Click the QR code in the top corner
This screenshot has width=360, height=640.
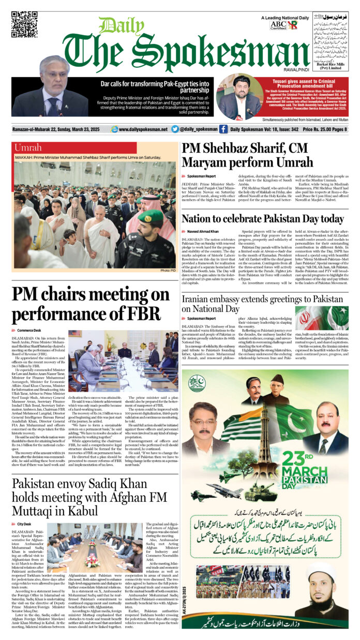(24, 24)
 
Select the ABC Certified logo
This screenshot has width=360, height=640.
(278, 24)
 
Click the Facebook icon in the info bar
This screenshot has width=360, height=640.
(223, 129)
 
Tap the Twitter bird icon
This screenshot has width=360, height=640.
(175, 129)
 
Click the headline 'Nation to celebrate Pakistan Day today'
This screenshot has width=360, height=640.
(262, 219)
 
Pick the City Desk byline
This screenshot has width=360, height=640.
(24, 524)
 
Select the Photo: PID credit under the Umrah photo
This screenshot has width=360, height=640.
(168, 271)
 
